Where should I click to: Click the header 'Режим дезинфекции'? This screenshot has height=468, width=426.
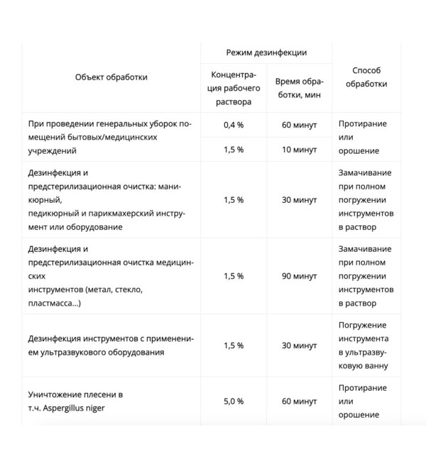(266, 53)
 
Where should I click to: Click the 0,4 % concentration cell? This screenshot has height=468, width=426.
(234, 124)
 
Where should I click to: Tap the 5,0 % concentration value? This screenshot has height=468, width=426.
(234, 401)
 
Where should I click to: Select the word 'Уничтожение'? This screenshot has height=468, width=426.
(57, 394)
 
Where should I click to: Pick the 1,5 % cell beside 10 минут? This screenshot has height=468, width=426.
(234, 150)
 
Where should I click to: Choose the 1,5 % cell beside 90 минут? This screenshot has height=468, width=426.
(234, 276)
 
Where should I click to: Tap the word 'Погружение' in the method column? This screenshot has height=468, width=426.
(364, 325)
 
